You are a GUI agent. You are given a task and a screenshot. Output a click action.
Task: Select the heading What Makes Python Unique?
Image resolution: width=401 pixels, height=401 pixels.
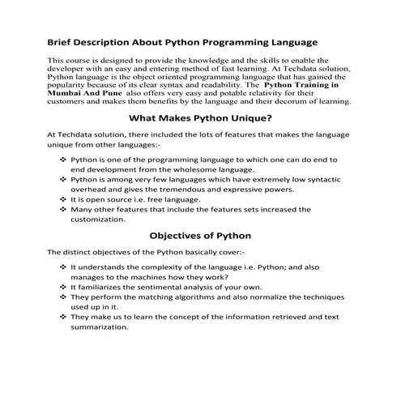(x=200, y=118)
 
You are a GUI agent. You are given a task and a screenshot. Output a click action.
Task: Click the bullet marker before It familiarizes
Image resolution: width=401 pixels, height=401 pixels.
(x=63, y=286)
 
